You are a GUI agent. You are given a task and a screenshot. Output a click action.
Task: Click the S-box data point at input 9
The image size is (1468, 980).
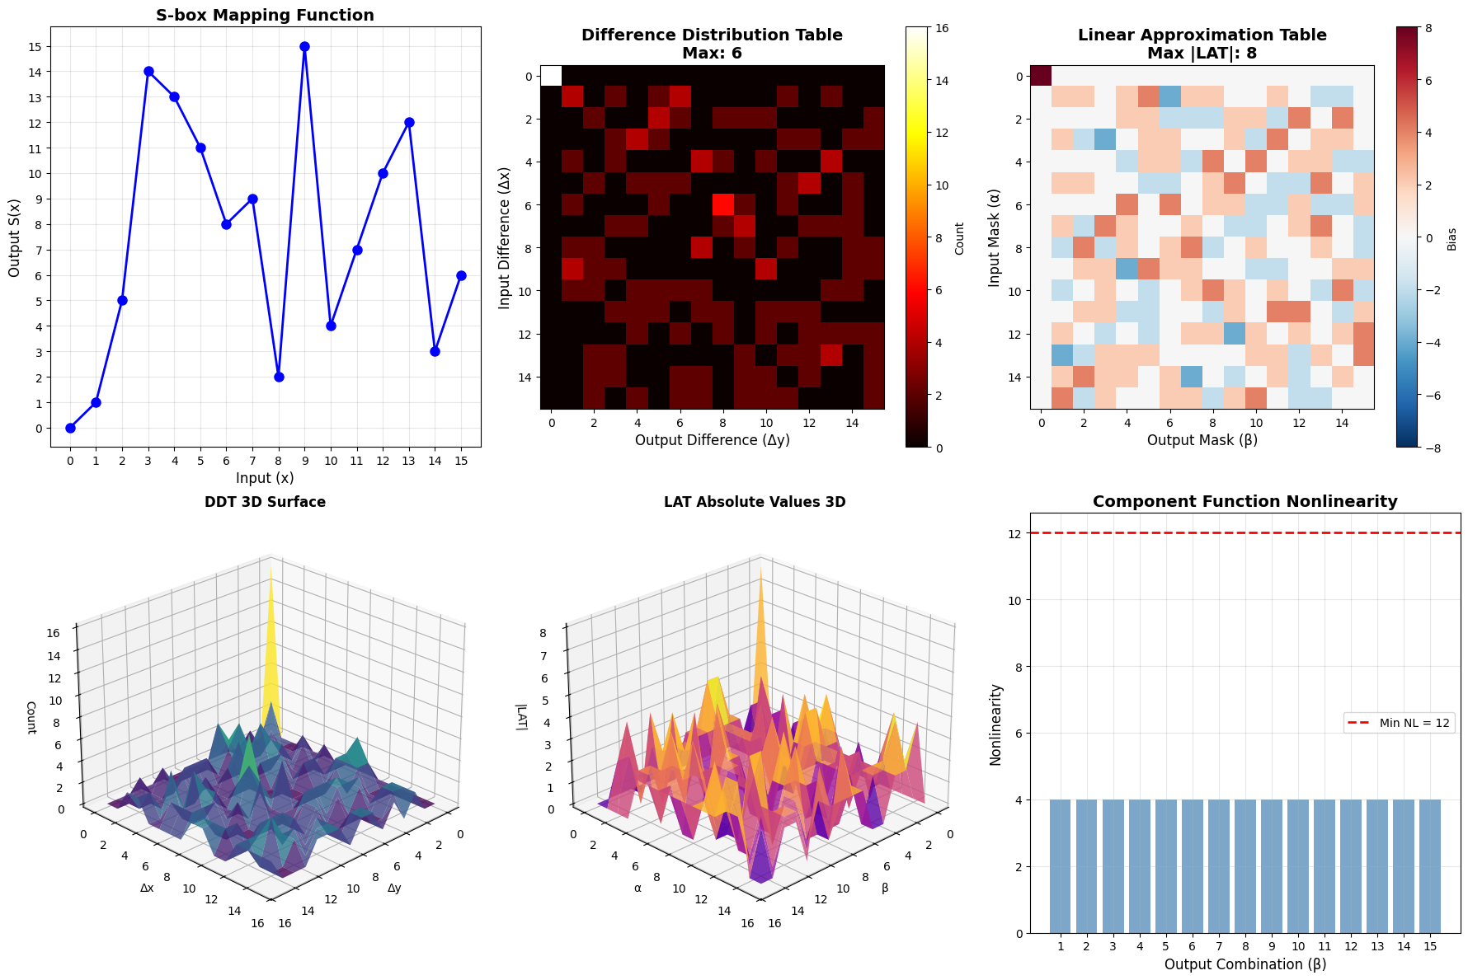click(305, 46)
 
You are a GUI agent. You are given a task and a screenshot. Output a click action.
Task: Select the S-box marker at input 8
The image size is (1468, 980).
click(279, 377)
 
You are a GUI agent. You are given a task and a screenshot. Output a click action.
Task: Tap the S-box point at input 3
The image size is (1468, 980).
click(148, 72)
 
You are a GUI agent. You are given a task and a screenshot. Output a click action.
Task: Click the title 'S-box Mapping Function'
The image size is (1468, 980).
click(265, 15)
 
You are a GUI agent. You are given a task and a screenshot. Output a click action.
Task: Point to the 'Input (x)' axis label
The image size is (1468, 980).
click(265, 478)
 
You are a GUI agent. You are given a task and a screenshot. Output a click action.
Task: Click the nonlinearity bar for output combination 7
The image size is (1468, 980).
click(1218, 865)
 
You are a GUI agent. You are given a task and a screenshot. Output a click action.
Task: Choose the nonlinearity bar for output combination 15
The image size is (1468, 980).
click(1429, 865)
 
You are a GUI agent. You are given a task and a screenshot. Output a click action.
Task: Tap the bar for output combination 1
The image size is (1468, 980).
click(1060, 865)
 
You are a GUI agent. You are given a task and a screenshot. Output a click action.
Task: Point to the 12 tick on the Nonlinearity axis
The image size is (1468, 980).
click(1014, 534)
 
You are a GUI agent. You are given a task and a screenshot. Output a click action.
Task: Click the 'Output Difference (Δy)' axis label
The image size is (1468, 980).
click(712, 440)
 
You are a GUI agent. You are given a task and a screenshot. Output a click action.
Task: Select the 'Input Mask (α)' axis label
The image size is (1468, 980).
click(994, 237)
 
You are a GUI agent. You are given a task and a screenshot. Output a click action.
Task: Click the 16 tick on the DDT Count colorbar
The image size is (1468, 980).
click(941, 28)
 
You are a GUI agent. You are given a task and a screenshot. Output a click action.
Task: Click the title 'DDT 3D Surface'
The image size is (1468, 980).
click(265, 502)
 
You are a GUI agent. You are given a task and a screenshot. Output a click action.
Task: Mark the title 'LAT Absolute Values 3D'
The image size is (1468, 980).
click(755, 502)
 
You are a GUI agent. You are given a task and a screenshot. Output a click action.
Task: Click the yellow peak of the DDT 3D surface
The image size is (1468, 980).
click(270, 577)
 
